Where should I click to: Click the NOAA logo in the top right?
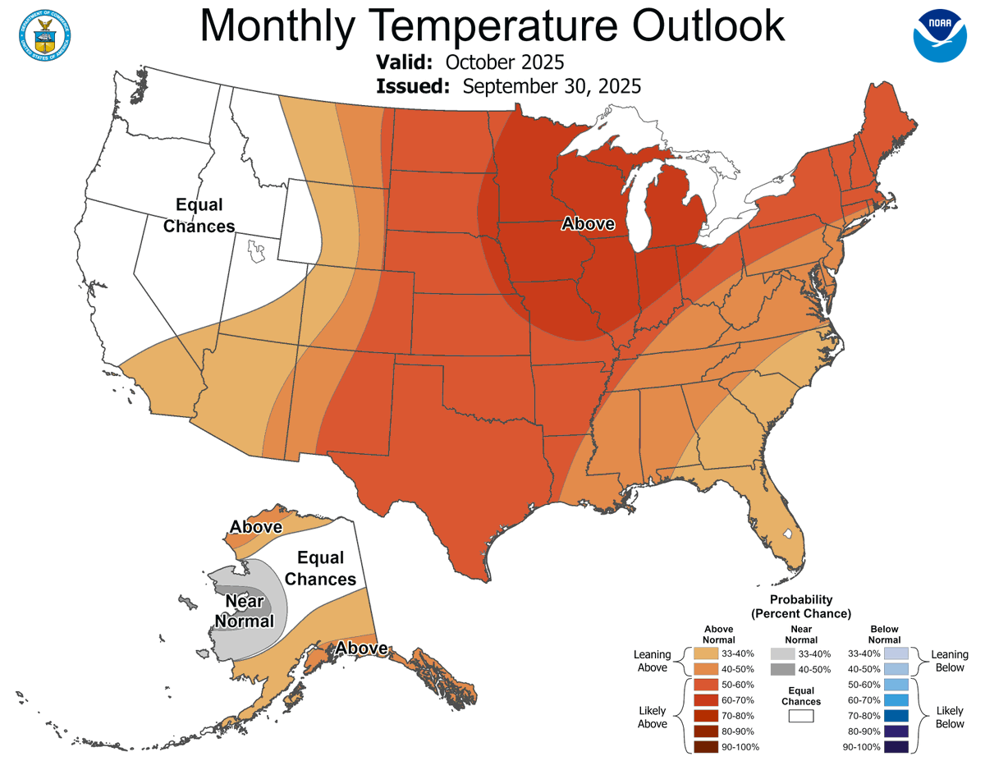click(940, 35)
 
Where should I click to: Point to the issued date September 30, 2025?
click(552, 86)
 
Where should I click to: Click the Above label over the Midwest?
click(588, 223)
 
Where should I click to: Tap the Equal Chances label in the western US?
click(199, 215)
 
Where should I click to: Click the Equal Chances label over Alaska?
click(320, 568)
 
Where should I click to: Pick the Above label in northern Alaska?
click(255, 527)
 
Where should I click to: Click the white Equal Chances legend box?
click(800, 716)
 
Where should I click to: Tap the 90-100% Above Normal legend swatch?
click(705, 747)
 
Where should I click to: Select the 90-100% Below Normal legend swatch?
click(896, 747)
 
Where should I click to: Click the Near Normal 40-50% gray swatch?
click(783, 670)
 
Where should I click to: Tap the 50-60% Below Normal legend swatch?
click(896, 685)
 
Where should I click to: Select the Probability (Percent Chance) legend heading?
click(801, 607)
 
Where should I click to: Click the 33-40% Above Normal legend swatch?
click(705, 653)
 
